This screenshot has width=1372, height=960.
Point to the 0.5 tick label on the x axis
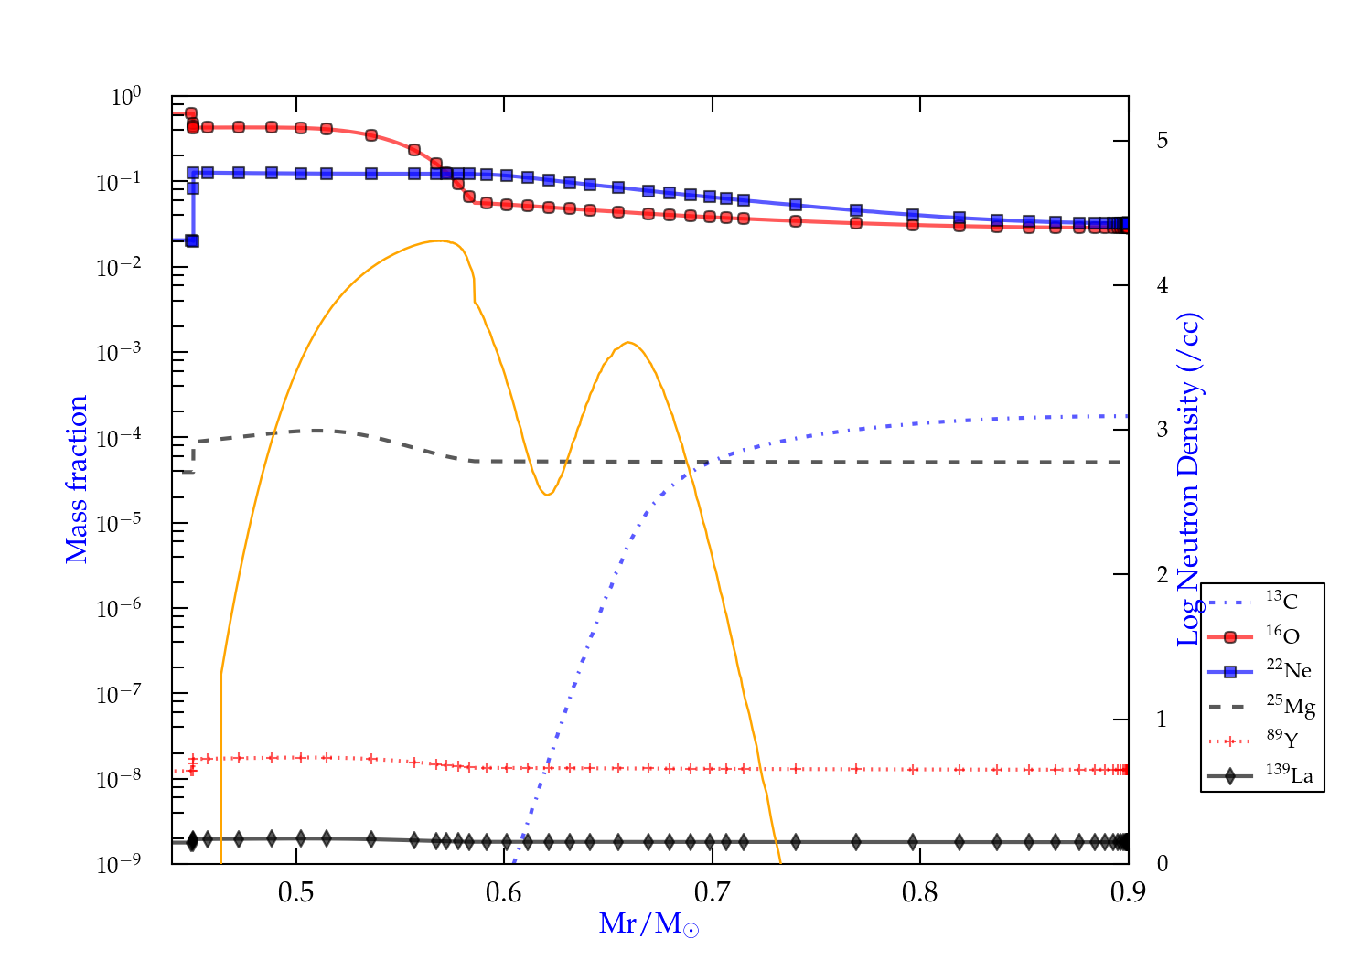pyautogui.click(x=296, y=892)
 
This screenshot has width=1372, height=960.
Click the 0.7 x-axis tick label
pyautogui.click(x=712, y=892)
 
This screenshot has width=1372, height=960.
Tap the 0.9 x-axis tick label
pyautogui.click(x=1128, y=892)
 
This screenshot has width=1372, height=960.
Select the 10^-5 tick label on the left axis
pyautogui.click(x=118, y=523)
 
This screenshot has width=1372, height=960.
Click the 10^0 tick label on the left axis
pyautogui.click(x=125, y=96)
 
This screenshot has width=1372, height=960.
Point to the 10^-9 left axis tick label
pyautogui.click(x=118, y=864)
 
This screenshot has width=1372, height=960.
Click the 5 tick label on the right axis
pyautogui.click(x=1163, y=140)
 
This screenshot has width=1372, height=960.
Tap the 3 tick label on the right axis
pyautogui.click(x=1163, y=430)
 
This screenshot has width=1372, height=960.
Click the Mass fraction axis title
pyautogui.click(x=77, y=479)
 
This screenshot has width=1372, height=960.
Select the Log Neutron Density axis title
pyautogui.click(x=1188, y=479)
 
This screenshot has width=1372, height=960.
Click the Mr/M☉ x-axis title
pyautogui.click(x=648, y=924)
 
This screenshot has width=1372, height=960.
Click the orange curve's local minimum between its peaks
pyautogui.click(x=547, y=495)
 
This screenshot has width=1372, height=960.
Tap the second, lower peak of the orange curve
pyautogui.click(x=627, y=343)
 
